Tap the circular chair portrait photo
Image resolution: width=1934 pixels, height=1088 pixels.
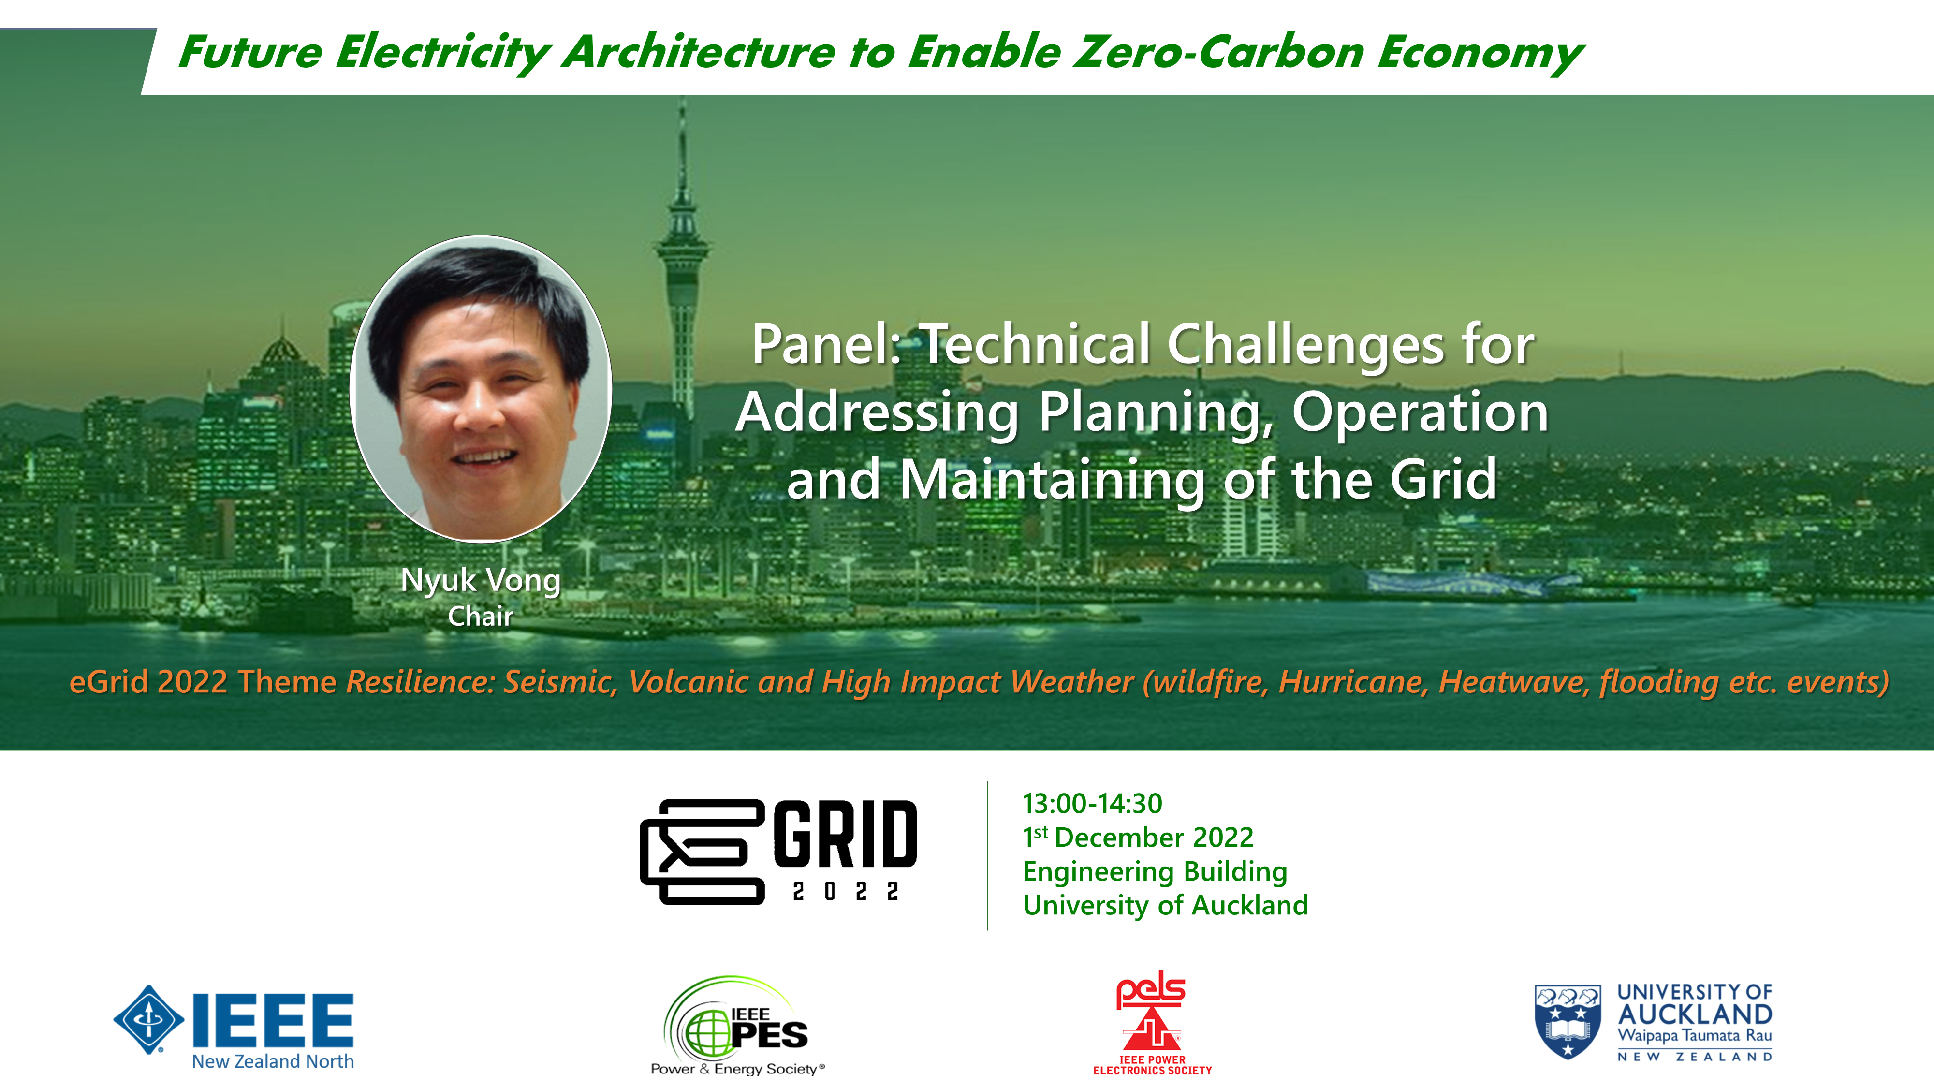tap(481, 388)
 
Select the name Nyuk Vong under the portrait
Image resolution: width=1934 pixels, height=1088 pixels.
tap(481, 580)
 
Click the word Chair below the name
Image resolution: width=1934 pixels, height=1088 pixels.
tap(481, 617)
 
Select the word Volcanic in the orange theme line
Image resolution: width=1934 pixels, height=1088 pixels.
tap(689, 682)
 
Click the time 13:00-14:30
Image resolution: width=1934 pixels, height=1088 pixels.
tap(1092, 803)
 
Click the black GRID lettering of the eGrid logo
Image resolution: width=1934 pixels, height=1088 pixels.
tap(845, 834)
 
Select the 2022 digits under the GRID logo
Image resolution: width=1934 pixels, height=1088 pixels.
tap(845, 891)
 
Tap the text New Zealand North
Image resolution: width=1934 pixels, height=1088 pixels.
tap(273, 1061)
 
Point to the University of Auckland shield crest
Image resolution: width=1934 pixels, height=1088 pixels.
tap(1568, 1021)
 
